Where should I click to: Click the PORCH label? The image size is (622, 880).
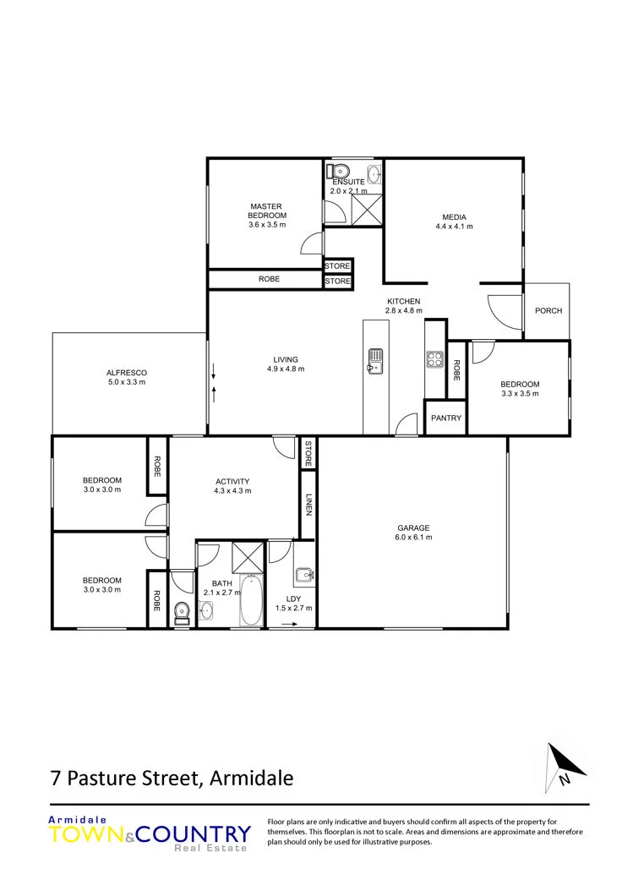(548, 310)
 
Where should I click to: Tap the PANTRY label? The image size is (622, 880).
(446, 418)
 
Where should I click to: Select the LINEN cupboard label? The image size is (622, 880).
(308, 504)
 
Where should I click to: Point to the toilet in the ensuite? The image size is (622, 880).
(339, 170)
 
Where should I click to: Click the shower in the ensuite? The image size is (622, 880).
(366, 210)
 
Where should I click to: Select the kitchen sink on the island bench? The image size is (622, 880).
(375, 360)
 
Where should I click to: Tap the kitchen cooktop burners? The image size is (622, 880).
(434, 358)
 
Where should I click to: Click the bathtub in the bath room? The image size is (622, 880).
(251, 599)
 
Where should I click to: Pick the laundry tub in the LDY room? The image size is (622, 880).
(303, 574)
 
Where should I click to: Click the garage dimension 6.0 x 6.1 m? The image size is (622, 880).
(413, 537)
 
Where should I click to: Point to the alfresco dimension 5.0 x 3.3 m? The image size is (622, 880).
(127, 382)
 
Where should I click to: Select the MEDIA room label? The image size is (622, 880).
(455, 217)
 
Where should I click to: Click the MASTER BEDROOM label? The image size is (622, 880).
(267, 211)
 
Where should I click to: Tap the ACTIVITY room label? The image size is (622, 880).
(232, 482)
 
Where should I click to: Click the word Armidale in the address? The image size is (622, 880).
(251, 779)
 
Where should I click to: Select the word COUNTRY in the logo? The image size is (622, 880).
(193, 834)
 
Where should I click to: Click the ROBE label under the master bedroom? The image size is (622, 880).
(270, 279)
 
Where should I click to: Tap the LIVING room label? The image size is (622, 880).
(286, 360)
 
